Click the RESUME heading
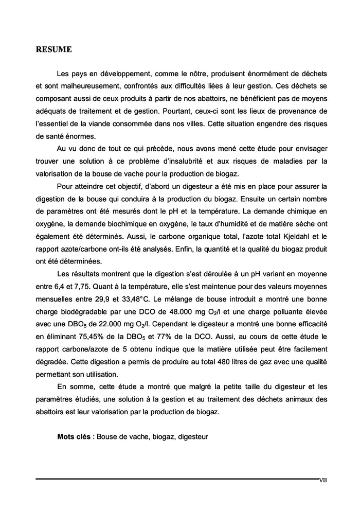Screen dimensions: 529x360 click(53, 50)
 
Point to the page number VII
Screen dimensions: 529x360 click(323, 481)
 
